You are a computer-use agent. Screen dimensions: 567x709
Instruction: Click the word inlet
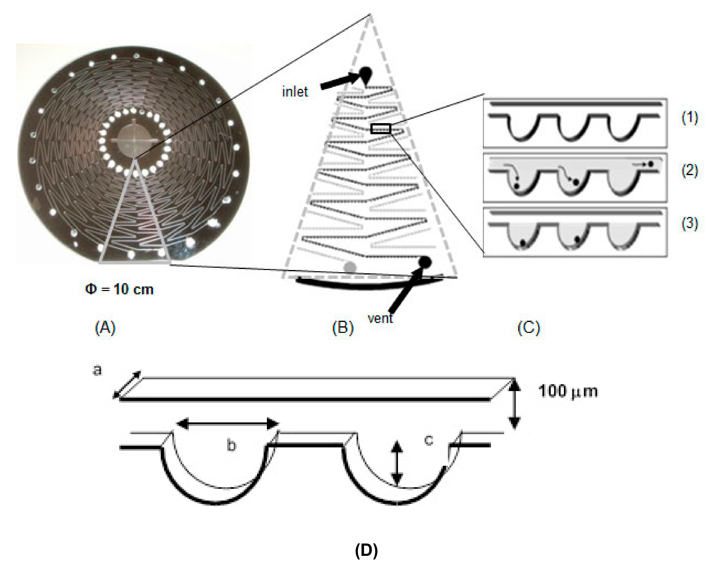click(295, 92)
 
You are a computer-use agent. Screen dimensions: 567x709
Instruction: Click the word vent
click(380, 318)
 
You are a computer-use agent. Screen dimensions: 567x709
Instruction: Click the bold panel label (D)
click(366, 550)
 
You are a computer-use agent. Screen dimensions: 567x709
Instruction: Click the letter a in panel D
click(97, 371)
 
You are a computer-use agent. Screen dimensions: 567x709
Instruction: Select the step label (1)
click(689, 118)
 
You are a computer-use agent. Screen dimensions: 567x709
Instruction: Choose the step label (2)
click(689, 171)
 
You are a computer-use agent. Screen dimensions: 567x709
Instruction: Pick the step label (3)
click(689, 224)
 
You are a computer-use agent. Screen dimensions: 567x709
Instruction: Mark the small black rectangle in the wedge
click(380, 129)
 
